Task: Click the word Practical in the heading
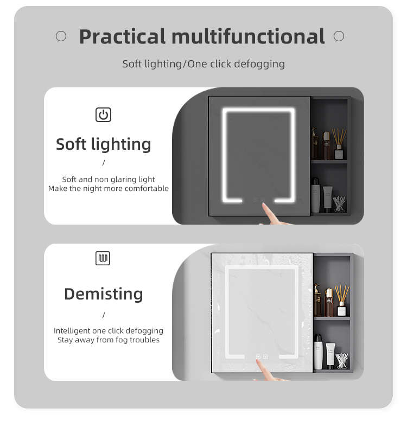122,36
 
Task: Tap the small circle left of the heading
61,36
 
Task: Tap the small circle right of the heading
339,36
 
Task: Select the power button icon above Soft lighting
103,114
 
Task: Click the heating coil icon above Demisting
103,258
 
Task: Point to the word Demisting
104,294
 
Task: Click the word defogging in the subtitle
259,64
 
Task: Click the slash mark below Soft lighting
104,163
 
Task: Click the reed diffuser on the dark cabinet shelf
339,144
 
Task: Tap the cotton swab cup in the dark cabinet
340,204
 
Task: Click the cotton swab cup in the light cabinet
342,361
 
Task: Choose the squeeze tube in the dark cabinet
327,199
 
